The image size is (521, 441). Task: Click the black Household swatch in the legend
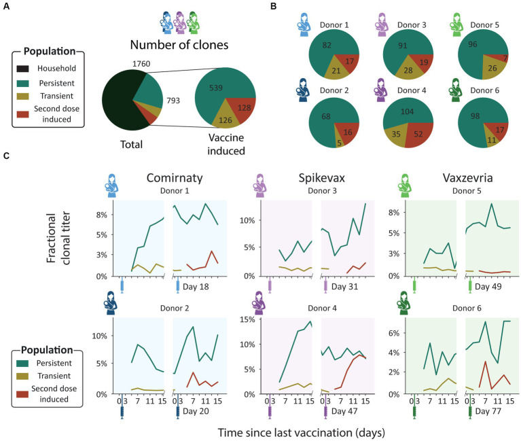coord(22,69)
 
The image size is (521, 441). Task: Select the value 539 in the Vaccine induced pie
coord(216,88)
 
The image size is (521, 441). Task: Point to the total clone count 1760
coord(141,63)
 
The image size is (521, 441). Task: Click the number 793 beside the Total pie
coord(173,101)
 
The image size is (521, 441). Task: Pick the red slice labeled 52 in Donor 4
coord(419,133)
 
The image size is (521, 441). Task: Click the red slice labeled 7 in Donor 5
coord(505,58)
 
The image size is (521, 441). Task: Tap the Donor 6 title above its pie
coord(484,90)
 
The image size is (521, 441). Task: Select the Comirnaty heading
coord(175,178)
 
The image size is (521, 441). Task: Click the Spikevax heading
coord(322,178)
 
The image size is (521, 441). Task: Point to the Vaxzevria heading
coord(467,178)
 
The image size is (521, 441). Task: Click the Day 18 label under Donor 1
coord(196,287)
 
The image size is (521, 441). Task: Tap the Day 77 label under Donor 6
coord(488,411)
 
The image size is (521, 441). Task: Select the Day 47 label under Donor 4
coord(344,411)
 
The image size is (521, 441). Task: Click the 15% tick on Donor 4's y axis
coord(247,319)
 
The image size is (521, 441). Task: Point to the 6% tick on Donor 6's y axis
coord(394,333)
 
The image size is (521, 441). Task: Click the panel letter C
coord(6,156)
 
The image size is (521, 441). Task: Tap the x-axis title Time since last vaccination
coord(302,433)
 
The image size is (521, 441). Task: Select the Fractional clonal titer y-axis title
coord(58,238)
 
